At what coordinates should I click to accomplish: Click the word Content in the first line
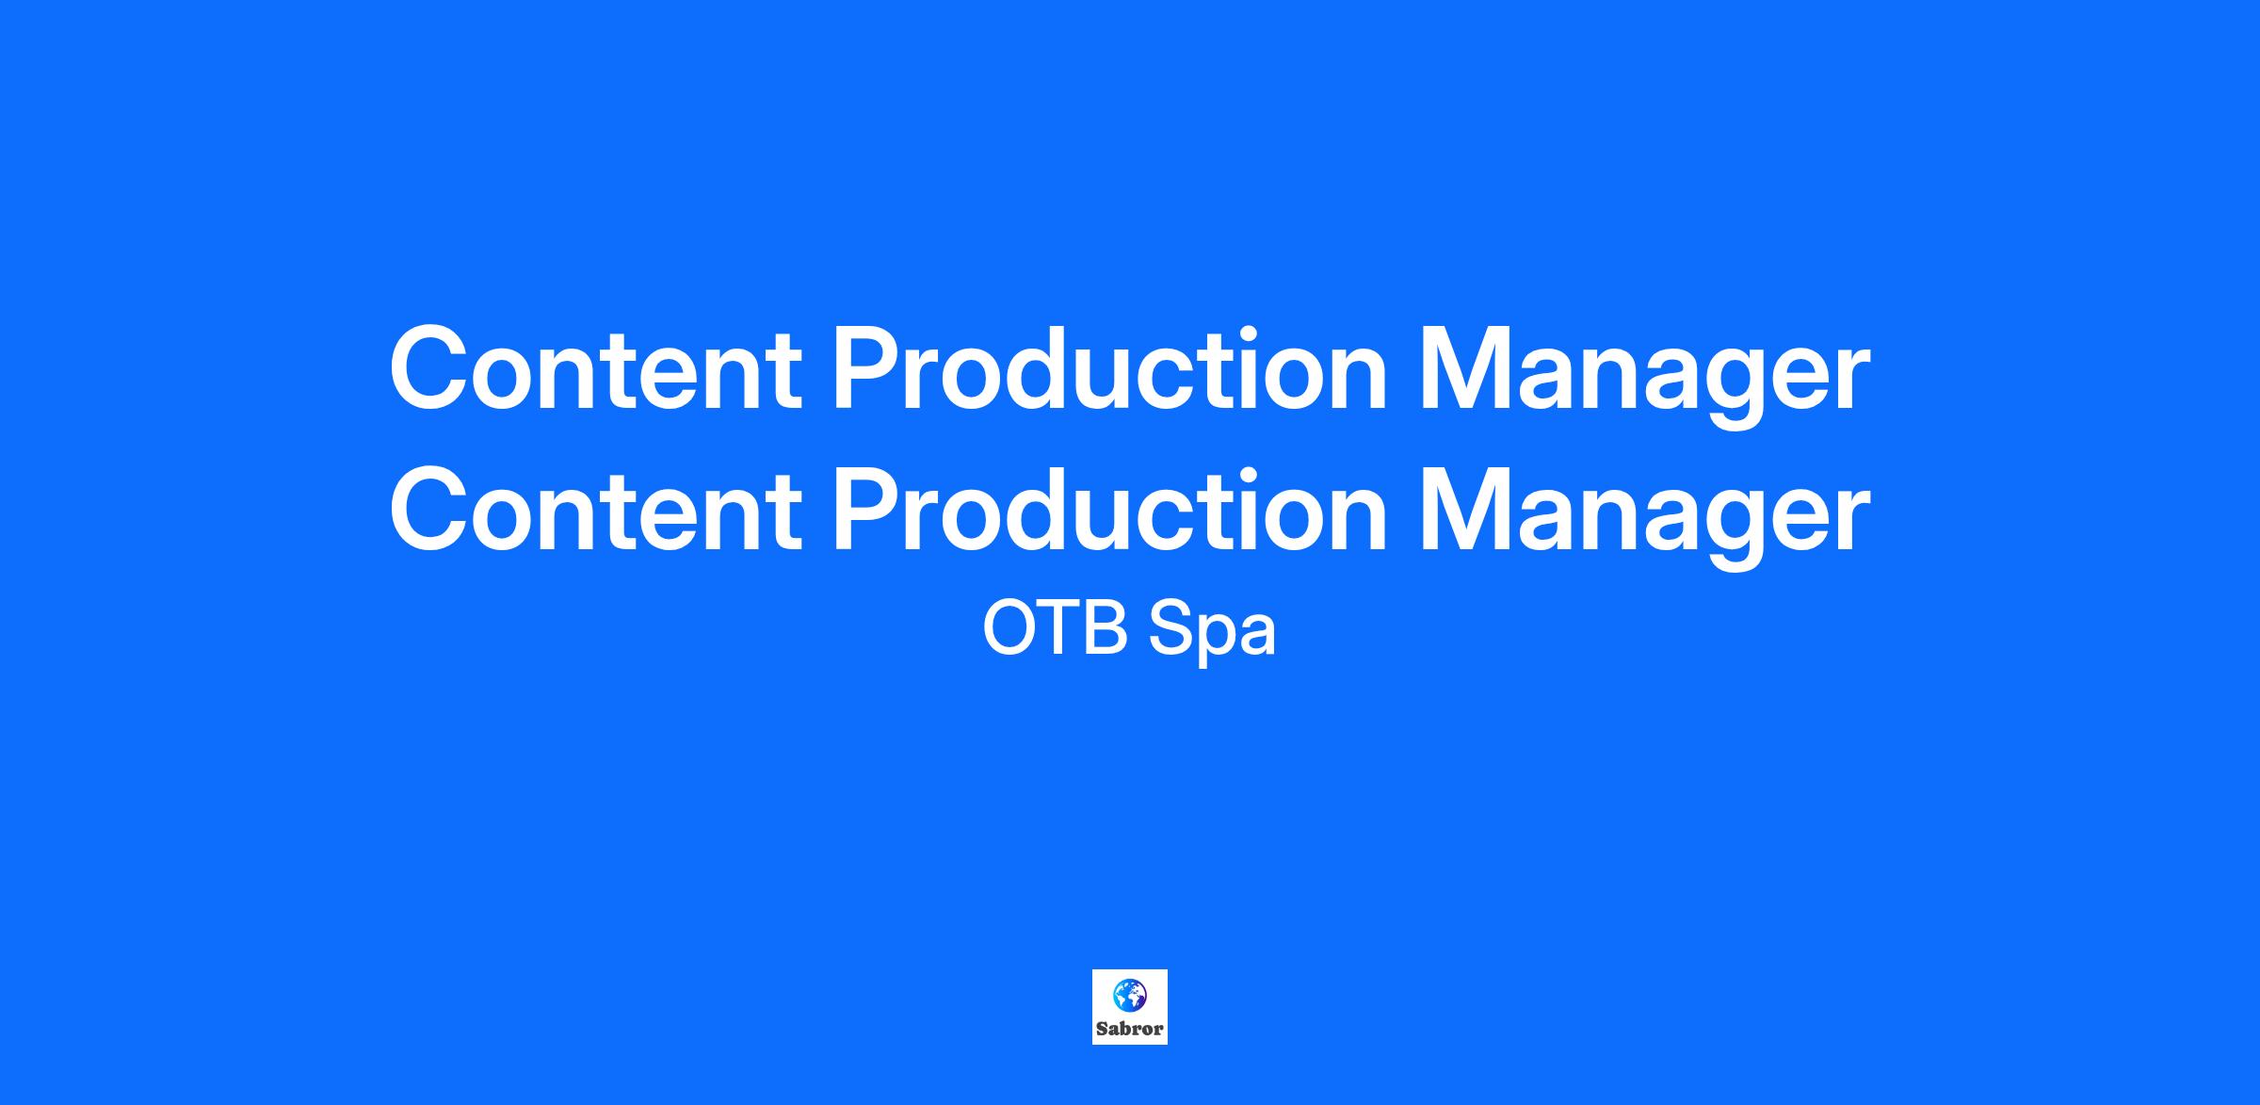click(595, 369)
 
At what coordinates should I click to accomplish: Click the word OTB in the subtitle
click(1056, 628)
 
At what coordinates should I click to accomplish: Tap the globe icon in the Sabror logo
click(1129, 995)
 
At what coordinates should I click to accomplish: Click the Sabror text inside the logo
click(1130, 1030)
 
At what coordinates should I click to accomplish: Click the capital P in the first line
click(868, 369)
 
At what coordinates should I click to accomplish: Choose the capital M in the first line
click(1465, 369)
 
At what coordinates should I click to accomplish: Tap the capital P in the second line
click(868, 509)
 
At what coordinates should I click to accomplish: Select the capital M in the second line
click(1465, 509)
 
